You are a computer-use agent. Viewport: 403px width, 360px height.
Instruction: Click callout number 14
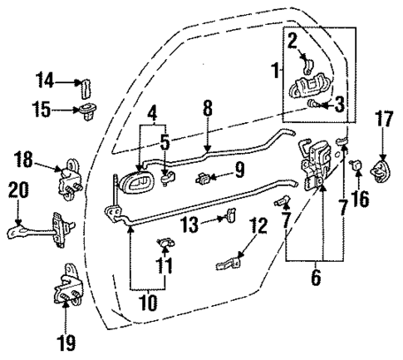[x=43, y=81]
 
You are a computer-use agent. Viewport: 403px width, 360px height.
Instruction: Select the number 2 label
[x=292, y=39]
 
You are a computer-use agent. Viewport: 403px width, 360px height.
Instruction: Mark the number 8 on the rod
[x=208, y=107]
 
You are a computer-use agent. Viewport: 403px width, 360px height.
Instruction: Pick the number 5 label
[x=166, y=141]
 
